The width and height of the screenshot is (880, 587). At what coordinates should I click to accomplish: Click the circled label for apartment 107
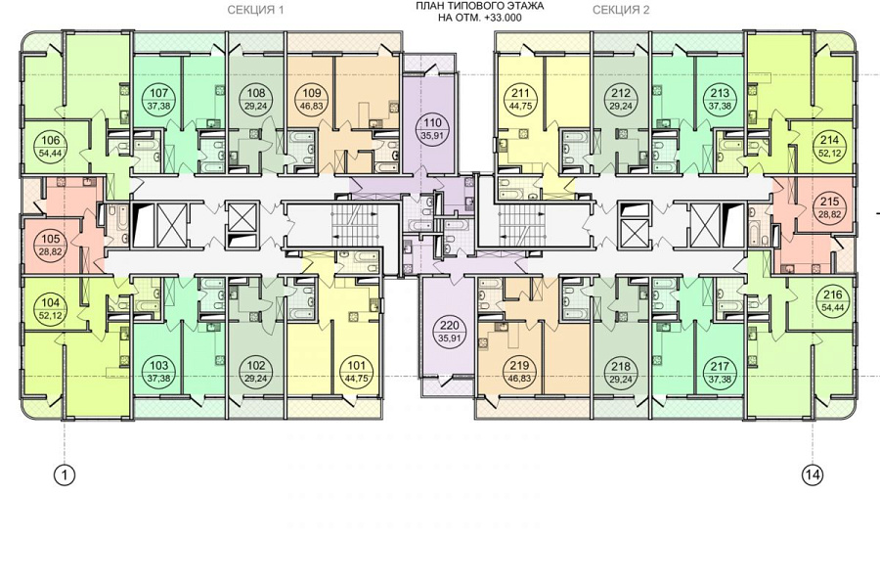(160, 99)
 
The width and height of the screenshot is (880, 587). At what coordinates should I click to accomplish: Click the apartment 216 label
(832, 301)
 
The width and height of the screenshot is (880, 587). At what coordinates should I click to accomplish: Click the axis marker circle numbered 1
(65, 475)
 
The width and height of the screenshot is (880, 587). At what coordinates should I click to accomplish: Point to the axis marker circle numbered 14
(814, 475)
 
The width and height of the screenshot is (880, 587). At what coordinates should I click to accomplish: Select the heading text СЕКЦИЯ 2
(621, 10)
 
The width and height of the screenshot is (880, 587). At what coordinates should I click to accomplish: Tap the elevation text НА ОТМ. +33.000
(480, 18)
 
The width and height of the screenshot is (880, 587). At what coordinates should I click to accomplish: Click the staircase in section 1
(354, 224)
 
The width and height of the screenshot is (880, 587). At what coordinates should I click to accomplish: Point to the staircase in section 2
(520, 224)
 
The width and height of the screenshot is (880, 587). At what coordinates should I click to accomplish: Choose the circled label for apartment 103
(160, 373)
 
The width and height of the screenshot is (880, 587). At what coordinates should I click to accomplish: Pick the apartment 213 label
(720, 99)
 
